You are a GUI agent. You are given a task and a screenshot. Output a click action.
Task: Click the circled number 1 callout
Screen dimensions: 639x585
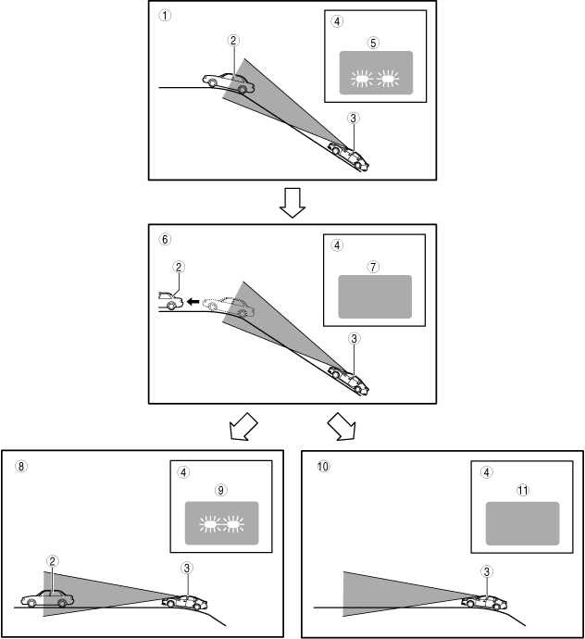(x=165, y=17)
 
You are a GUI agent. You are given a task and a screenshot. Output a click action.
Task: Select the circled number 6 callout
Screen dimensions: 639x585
(x=165, y=238)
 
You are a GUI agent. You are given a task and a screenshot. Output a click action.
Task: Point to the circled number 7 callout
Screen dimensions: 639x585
(x=373, y=266)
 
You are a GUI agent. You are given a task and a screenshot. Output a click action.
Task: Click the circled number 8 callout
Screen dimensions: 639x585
(x=20, y=467)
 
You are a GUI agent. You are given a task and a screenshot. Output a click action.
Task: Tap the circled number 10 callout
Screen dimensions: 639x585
(x=321, y=467)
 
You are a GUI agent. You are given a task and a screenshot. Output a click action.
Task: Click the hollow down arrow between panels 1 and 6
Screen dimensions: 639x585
(x=292, y=203)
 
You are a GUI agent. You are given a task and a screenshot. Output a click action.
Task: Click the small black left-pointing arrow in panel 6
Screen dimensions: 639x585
(x=192, y=301)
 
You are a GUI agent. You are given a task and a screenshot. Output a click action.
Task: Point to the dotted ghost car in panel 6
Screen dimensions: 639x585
(x=229, y=307)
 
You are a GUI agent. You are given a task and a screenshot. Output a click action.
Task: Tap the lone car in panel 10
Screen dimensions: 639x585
(x=482, y=600)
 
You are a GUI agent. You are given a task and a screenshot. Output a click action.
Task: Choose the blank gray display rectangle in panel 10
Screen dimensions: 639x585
(x=523, y=523)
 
